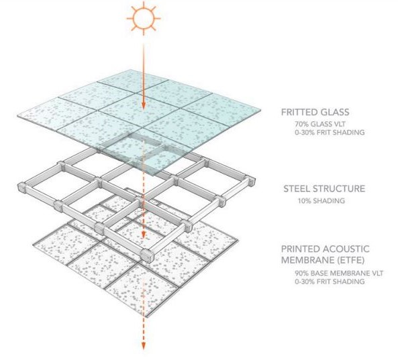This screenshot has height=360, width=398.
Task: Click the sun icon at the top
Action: point(144,19)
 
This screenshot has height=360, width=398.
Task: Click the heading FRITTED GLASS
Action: point(315,112)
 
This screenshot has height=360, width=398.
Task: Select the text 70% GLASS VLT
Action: point(320,124)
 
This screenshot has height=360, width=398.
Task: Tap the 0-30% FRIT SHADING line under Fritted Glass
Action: point(330,132)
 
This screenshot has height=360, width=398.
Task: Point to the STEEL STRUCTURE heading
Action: point(324,188)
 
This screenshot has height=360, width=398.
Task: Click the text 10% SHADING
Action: point(321,201)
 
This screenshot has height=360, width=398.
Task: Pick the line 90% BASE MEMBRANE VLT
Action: point(339,274)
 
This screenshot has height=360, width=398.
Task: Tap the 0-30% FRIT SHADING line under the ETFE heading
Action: point(330,282)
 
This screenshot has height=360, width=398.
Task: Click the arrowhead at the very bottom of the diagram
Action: point(144,345)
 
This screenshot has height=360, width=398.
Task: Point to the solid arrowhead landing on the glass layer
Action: point(144,105)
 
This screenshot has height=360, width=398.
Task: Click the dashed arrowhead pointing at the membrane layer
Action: point(144,235)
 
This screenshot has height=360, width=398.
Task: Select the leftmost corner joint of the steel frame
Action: point(22,187)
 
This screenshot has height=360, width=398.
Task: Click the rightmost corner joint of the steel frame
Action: point(251,180)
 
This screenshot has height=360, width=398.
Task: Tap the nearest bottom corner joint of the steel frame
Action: point(147,255)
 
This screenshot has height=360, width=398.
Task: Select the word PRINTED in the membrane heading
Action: point(301,249)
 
